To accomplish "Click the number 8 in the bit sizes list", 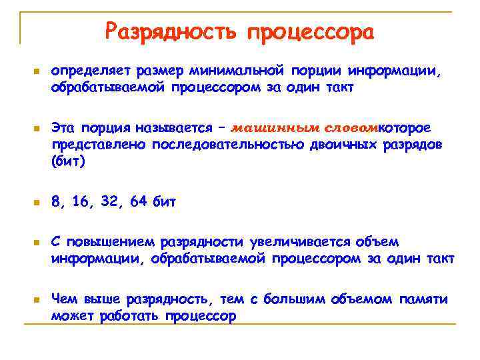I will [56, 201].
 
